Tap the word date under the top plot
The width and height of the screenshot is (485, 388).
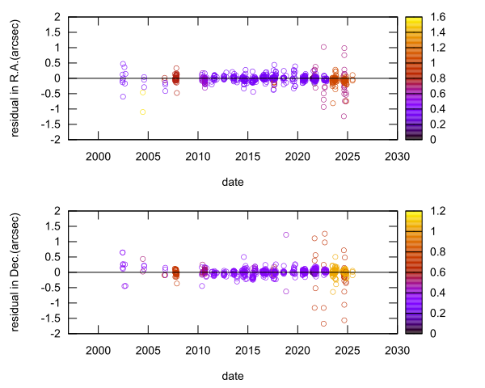[233, 182]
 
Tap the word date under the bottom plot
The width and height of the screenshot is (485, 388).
[233, 376]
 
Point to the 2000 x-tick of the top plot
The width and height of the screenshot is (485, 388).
[97, 156]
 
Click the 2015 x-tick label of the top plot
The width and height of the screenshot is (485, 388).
[247, 156]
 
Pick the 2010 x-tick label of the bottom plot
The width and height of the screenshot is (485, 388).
[197, 350]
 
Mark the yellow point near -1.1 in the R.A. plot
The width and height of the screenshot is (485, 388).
[143, 112]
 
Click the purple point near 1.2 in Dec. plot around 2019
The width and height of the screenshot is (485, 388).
[286, 235]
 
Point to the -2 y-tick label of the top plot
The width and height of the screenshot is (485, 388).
[59, 140]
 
